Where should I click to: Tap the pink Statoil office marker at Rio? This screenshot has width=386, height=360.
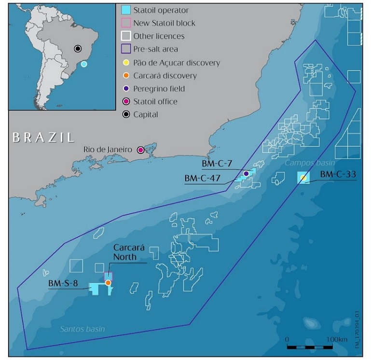pos(140,150)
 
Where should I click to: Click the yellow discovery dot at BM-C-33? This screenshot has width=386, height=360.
pos(303,178)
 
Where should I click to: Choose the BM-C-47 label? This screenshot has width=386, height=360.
pos(203,178)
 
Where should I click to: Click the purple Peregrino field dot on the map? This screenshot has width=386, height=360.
pos(246,173)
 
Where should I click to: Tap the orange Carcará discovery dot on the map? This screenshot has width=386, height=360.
pos(108,283)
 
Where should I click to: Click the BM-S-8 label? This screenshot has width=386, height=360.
pos(63,284)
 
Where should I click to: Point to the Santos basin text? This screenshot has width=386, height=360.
pos(83,329)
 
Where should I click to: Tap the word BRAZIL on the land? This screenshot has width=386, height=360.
pos(43,137)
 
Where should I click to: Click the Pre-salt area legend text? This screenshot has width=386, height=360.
pos(157,49)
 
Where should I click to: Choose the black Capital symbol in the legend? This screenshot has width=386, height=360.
pos(125,114)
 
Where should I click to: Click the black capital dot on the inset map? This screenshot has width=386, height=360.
pos(78,48)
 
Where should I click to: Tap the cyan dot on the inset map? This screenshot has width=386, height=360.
pos(84,64)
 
